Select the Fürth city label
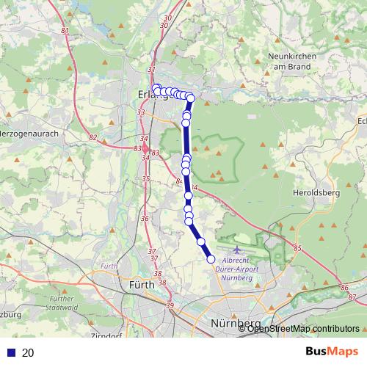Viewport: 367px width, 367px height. tap(142, 284)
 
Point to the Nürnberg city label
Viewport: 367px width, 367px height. tap(236, 324)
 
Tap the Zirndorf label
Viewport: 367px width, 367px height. tap(106, 336)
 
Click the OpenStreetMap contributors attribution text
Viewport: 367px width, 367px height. tap(303, 328)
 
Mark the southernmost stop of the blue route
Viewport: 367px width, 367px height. tap(211, 258)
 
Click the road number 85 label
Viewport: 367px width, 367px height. tap(297, 250)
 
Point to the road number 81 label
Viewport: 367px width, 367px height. tap(65, 30)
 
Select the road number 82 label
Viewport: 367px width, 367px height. tap(92, 137)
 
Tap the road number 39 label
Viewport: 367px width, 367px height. tap(170, 305)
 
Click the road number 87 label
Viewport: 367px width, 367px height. tap(352, 297)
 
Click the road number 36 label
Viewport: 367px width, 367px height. tap(145, 218)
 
